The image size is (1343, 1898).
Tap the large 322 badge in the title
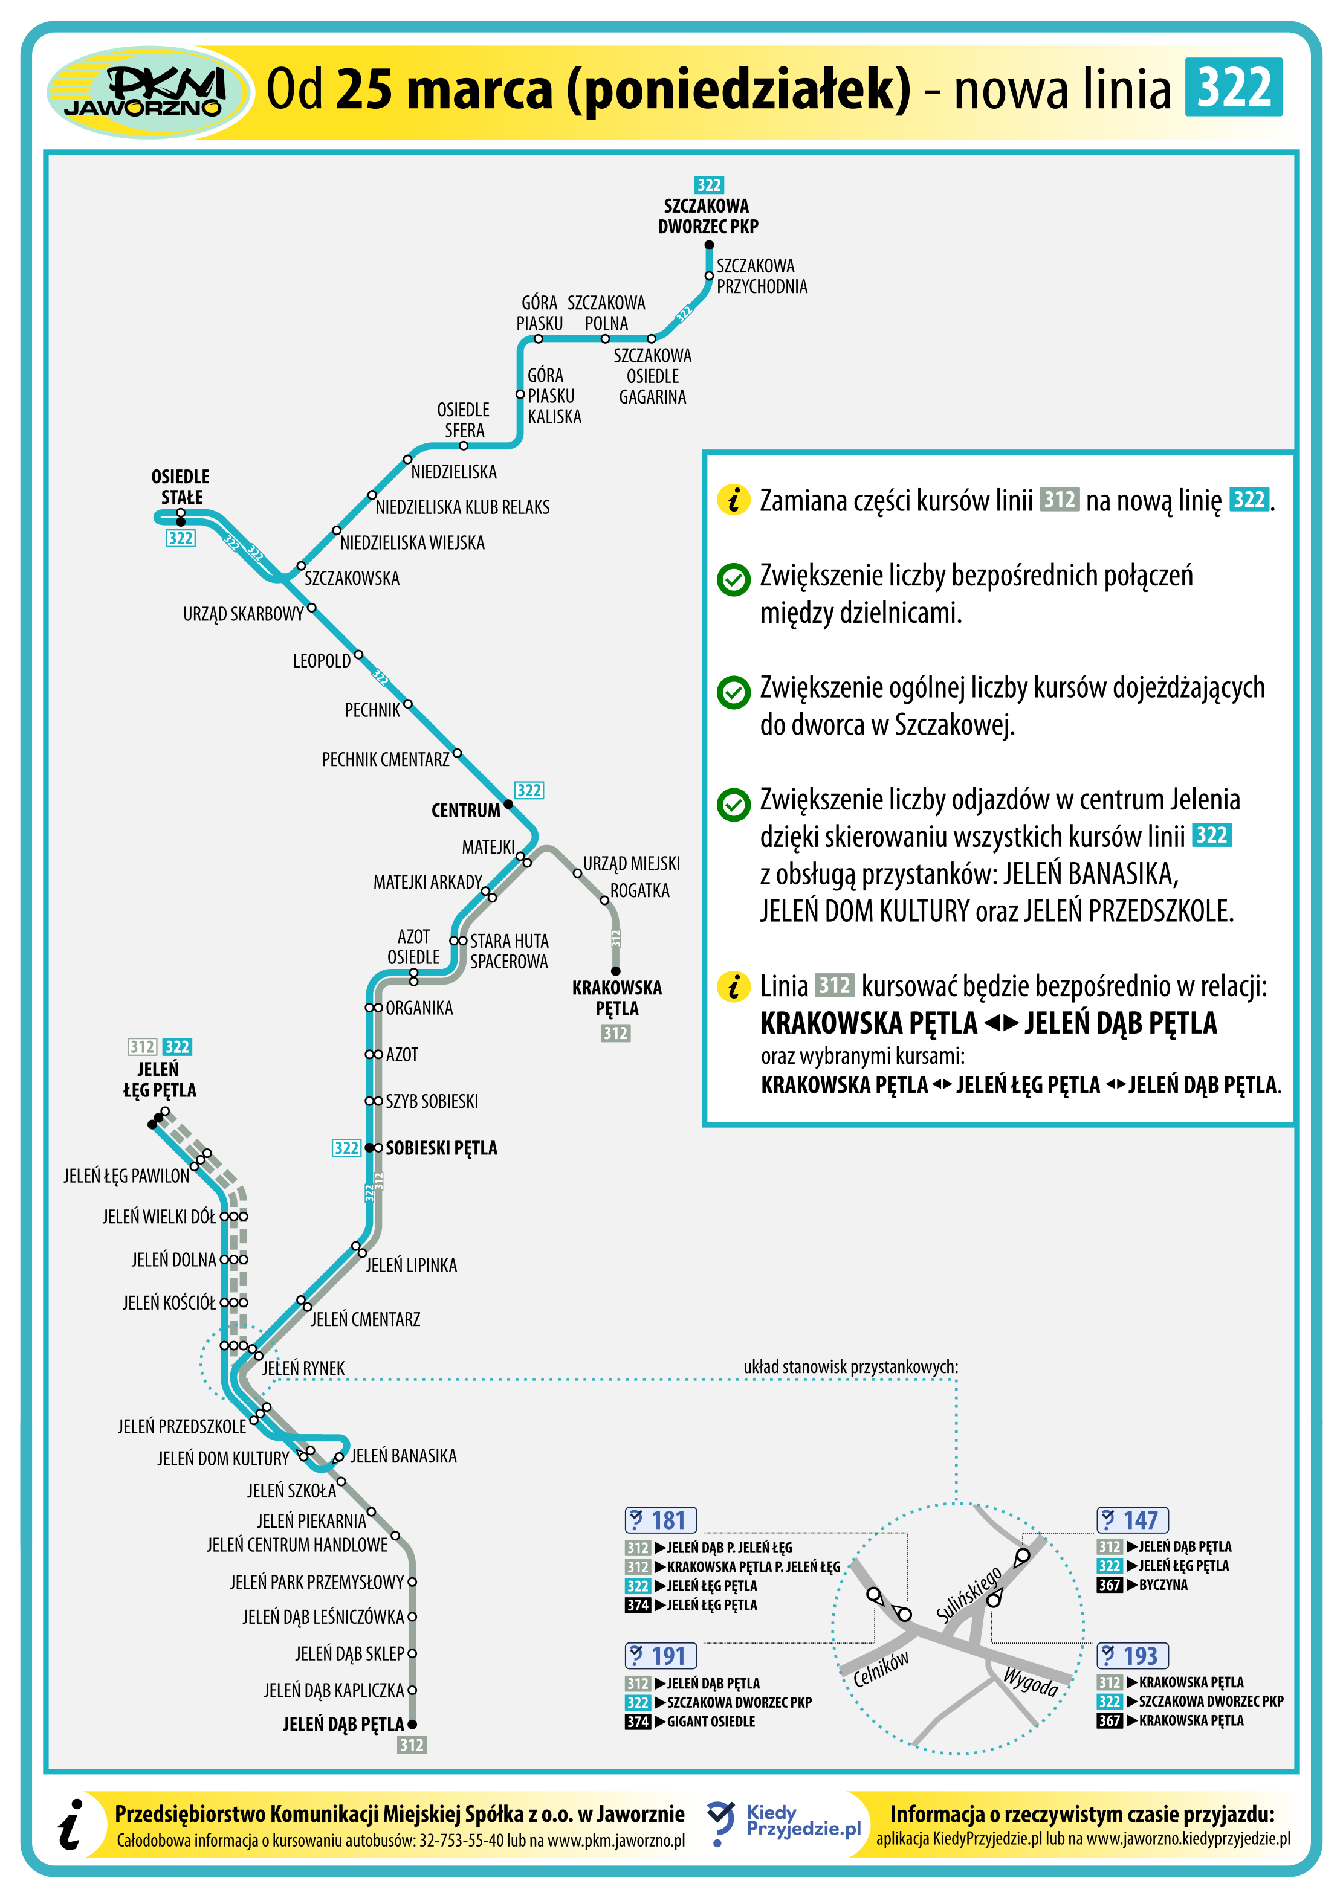click(x=1233, y=87)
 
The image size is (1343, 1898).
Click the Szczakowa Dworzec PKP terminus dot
click(x=709, y=245)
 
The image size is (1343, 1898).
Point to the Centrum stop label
click(x=465, y=810)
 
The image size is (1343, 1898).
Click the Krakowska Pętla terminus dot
click(x=615, y=971)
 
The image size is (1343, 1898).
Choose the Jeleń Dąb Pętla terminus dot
click(x=412, y=1723)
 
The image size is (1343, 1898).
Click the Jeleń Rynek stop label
click(x=303, y=1368)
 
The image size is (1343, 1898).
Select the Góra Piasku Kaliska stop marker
click(x=520, y=394)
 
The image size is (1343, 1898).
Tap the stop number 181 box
click(x=661, y=1520)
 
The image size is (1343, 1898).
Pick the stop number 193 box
click(x=1132, y=1656)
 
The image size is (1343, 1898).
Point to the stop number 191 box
click(x=661, y=1656)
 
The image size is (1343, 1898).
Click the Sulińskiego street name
click(x=969, y=1594)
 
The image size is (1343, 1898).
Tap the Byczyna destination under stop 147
click(x=1163, y=1584)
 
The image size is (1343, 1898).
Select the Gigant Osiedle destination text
click(x=711, y=1721)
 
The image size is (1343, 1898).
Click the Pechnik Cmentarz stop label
click(x=386, y=759)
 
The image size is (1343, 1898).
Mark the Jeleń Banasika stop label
click(x=404, y=1456)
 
